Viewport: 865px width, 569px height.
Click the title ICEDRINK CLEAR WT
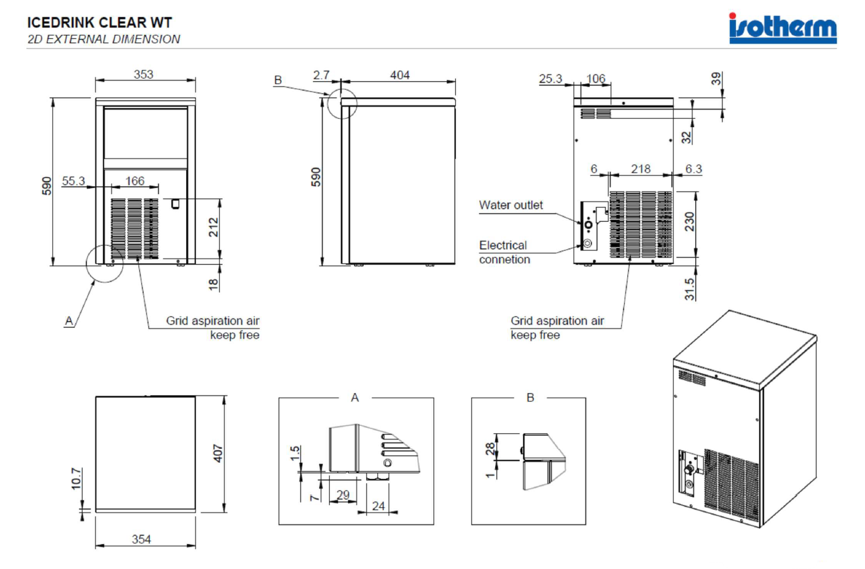pos(99,23)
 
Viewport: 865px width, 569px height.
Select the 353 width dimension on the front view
pos(144,74)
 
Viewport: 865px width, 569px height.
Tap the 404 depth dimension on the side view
pos(400,75)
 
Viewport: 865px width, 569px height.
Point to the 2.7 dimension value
pos(321,75)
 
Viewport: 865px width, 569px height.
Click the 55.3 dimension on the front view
pos(73,181)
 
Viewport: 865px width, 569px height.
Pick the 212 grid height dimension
pos(214,227)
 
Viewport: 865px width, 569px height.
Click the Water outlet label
pos(511,205)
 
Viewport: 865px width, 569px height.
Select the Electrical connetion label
pos(505,252)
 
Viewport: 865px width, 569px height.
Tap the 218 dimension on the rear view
pos(641,169)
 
